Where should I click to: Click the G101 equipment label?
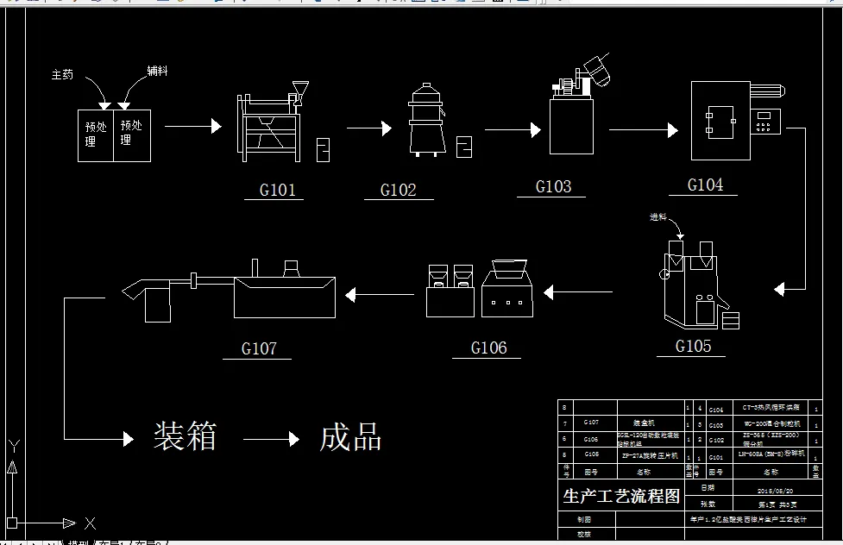[x=277, y=190]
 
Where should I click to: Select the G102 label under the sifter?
[x=398, y=190]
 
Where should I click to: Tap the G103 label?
[x=553, y=186]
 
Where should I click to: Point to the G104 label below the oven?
[x=705, y=185]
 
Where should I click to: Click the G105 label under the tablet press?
[x=693, y=346]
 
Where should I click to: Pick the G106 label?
[x=488, y=348]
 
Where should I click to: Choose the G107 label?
[x=259, y=348]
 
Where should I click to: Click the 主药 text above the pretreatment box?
[x=63, y=75]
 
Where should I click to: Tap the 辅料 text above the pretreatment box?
[x=156, y=71]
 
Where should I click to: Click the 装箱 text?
[x=184, y=436]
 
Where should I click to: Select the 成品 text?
[x=350, y=437]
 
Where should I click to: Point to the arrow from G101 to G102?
[x=369, y=129]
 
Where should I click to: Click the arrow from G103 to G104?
[x=644, y=130]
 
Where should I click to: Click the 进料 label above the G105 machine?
[x=657, y=216]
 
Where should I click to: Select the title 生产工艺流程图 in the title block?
[x=621, y=496]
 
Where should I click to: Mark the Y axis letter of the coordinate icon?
[x=13, y=446]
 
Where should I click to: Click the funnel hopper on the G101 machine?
[x=300, y=90]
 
